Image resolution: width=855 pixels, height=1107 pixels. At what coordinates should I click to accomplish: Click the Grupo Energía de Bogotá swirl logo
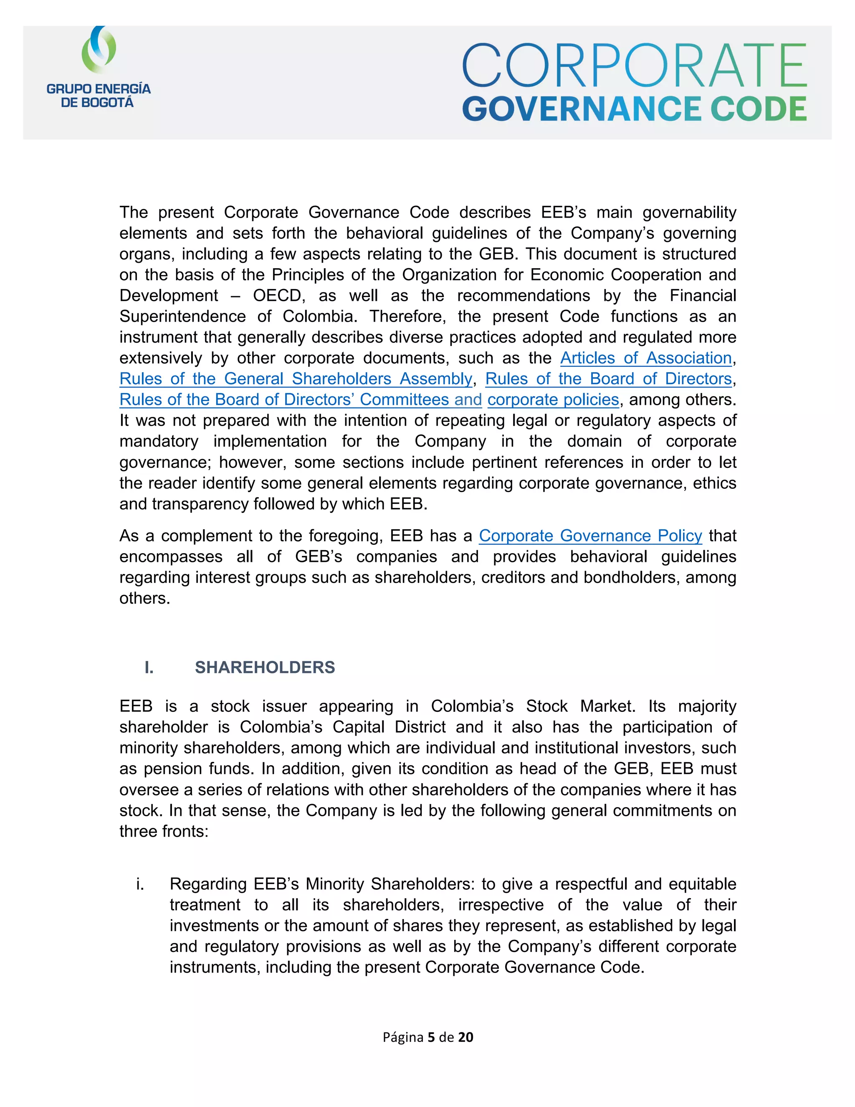coord(99,50)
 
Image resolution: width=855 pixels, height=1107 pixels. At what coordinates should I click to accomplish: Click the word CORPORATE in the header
coord(634,66)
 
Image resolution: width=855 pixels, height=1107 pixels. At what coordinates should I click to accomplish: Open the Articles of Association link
coord(646,358)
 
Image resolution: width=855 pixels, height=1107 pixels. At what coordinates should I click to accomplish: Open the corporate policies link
coord(553,399)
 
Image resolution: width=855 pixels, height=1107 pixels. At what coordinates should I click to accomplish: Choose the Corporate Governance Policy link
coord(590,536)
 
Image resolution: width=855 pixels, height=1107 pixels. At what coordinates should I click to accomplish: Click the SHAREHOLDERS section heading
coord(265,667)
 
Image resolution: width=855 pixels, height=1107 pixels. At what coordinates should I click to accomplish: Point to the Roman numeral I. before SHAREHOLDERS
coord(149,667)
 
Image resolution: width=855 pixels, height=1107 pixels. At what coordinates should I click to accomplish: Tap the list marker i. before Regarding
coord(140,884)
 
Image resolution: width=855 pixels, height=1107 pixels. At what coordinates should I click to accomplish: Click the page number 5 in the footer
coord(431,1038)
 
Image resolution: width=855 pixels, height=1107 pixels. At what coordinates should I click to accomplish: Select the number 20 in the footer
coord(465,1038)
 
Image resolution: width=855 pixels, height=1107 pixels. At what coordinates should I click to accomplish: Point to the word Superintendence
coord(182,316)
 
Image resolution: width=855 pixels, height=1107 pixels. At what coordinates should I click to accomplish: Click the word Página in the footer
coord(403,1038)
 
